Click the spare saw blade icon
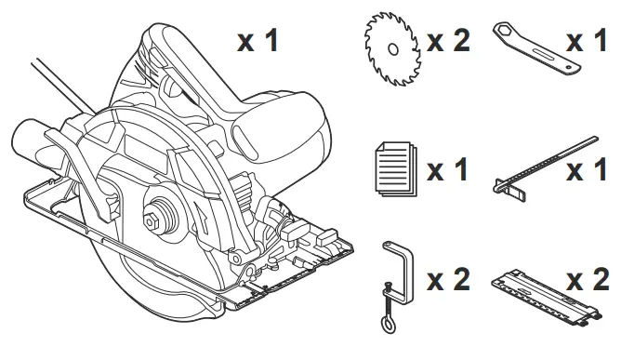click(391, 46)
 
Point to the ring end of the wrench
click(509, 34)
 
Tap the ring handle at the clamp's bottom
click(385, 324)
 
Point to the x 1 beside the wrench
click(587, 42)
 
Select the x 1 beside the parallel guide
click(587, 171)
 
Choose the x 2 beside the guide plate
click(588, 279)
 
